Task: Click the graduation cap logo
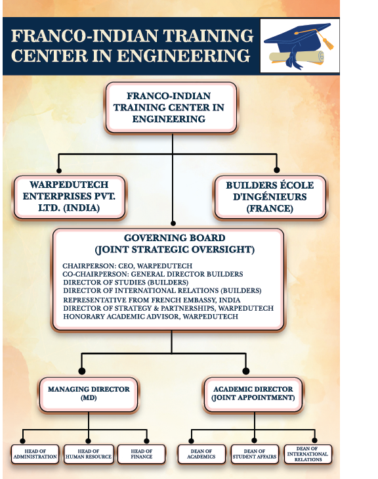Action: click(x=299, y=46)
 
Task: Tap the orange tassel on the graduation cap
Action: click(x=327, y=42)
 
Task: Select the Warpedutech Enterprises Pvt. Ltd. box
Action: click(x=69, y=196)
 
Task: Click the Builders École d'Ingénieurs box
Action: click(x=270, y=197)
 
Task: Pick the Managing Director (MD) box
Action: click(x=89, y=394)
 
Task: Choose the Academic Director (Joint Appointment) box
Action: click(x=253, y=394)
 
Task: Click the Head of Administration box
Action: click(x=35, y=454)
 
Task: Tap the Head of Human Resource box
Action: click(x=89, y=454)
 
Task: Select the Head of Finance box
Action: click(x=142, y=454)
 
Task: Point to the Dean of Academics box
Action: click(x=201, y=454)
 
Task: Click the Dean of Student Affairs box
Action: click(x=255, y=454)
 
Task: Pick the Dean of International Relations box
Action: click(x=308, y=454)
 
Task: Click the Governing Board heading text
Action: click(x=175, y=244)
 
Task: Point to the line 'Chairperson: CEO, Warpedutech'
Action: click(x=127, y=265)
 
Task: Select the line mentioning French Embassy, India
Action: click(x=152, y=300)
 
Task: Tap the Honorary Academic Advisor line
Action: click(x=150, y=317)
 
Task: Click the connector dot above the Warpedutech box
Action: click(x=59, y=170)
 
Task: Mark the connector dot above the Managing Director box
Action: click(x=82, y=371)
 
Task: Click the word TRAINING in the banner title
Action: click(x=209, y=35)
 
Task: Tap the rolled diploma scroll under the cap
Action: click(x=297, y=57)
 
